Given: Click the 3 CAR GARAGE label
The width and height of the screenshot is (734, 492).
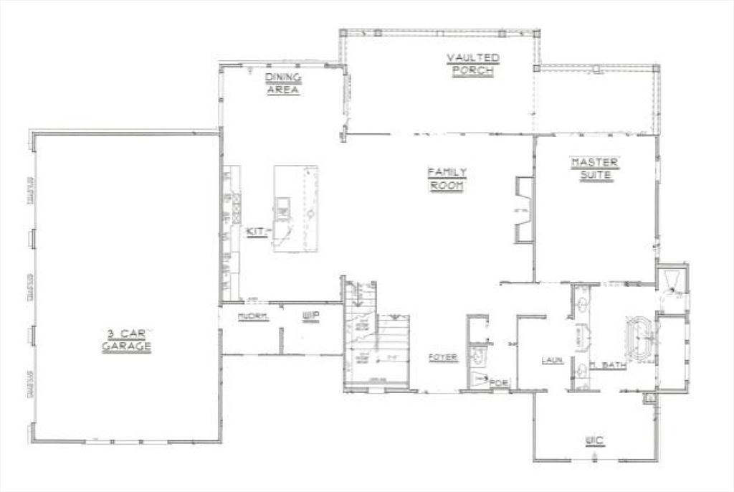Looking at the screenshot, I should click(126, 340).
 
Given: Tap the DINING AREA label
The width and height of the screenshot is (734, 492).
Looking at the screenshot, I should click(283, 84).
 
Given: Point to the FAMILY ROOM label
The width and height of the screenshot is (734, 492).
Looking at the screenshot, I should click(447, 179).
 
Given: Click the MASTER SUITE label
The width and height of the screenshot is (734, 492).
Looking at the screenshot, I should click(594, 169).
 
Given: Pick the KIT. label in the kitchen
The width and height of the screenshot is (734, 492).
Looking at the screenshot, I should click(256, 231).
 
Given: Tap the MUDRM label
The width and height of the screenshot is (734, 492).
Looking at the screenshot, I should click(253, 316).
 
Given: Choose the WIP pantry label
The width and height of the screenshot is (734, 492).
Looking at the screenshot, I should click(310, 316).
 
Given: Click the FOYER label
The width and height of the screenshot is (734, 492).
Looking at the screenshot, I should click(443, 357).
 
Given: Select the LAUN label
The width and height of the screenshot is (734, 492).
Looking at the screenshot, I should click(551, 360).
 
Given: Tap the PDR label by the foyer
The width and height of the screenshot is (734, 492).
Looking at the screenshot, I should click(499, 383).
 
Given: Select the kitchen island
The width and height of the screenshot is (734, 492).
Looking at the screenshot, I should click(296, 209).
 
